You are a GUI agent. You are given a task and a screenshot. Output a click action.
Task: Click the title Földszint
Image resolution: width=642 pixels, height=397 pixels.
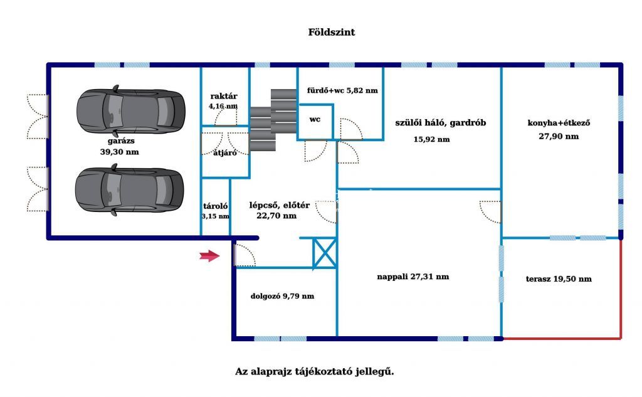(x=332, y=33)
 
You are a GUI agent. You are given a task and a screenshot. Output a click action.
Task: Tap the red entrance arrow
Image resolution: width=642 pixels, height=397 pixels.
(x=209, y=256)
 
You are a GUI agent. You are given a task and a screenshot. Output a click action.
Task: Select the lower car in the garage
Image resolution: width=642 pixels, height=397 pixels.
(x=129, y=189)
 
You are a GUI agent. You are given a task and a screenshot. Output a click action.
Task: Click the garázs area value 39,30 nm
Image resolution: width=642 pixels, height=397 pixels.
(x=120, y=152)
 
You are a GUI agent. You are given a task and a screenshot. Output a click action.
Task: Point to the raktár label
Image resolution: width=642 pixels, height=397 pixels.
(x=224, y=97)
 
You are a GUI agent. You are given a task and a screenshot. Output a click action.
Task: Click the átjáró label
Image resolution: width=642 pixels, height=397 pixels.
(x=225, y=153)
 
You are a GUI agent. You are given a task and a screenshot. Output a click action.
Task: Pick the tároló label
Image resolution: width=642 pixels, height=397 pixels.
(x=216, y=206)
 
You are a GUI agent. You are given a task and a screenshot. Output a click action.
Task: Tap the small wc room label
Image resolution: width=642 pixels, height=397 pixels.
(x=315, y=120)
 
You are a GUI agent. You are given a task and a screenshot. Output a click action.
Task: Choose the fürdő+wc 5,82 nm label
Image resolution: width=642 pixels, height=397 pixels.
(x=342, y=90)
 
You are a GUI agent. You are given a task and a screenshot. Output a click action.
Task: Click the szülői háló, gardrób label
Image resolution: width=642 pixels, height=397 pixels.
(x=441, y=122)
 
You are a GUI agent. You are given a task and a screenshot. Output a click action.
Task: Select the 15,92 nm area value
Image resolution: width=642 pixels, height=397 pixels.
(x=431, y=139)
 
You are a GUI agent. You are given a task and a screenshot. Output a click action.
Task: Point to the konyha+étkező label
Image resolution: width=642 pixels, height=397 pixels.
(x=559, y=122)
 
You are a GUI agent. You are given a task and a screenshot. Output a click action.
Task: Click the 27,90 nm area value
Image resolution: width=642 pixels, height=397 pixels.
(x=559, y=137)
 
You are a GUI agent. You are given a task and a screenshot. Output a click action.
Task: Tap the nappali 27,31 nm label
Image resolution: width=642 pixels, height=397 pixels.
(x=413, y=277)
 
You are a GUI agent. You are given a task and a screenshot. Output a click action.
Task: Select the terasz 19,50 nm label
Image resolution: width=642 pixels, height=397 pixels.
(x=559, y=279)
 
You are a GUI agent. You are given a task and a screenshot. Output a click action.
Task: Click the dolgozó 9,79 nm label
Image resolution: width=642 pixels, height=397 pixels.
(x=283, y=296)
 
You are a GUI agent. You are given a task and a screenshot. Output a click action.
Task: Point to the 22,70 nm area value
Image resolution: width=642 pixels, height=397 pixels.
(x=276, y=216)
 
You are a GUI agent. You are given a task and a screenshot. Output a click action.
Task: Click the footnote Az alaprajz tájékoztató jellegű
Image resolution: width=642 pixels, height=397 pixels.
(x=315, y=372)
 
